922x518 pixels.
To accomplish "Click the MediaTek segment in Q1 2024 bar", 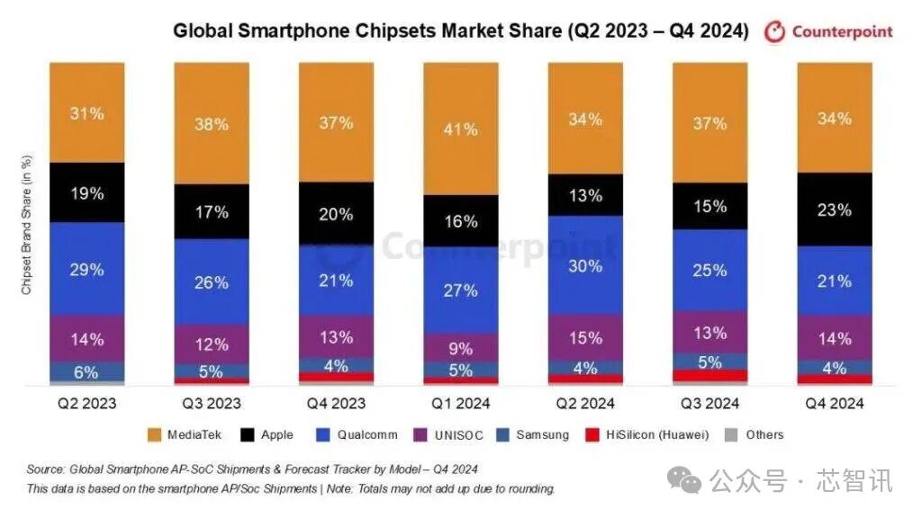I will tap(460, 129).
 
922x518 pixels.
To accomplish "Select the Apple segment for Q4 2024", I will tap(834, 209).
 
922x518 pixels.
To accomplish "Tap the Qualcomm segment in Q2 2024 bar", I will tap(585, 265).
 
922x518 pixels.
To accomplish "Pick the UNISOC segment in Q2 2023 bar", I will tap(87, 339).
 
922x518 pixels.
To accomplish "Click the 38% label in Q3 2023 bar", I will tap(212, 125).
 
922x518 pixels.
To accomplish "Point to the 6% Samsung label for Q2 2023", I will tap(86, 372).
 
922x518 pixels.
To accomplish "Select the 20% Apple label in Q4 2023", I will tap(336, 213).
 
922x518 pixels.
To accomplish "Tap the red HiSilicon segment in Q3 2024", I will tap(710, 376).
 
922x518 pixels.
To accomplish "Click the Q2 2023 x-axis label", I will tap(87, 404).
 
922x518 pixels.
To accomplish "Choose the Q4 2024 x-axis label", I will tap(834, 404).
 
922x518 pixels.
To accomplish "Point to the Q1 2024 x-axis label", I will tap(460, 404).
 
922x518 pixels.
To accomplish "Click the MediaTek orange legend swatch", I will tap(154, 435).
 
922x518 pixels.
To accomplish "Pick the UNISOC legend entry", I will tap(449, 435).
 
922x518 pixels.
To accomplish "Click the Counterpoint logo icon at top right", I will tap(774, 32).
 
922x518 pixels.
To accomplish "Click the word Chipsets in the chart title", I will tap(388, 31).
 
